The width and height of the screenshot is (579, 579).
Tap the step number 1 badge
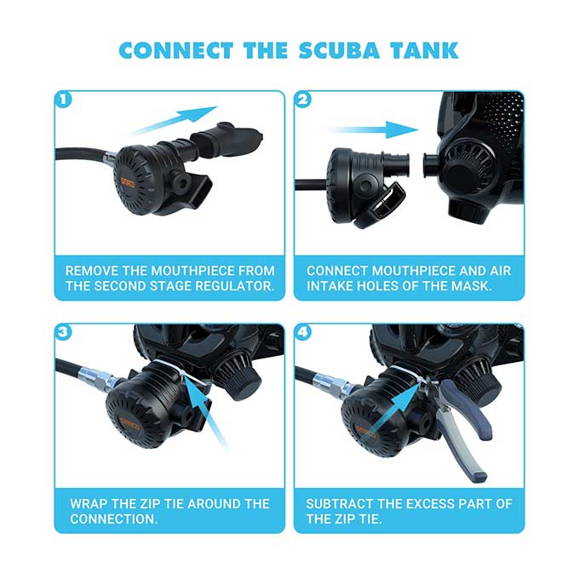tap(63, 99)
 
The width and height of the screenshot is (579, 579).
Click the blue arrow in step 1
tap(174, 121)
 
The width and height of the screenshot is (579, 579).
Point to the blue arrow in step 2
tap(374, 131)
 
